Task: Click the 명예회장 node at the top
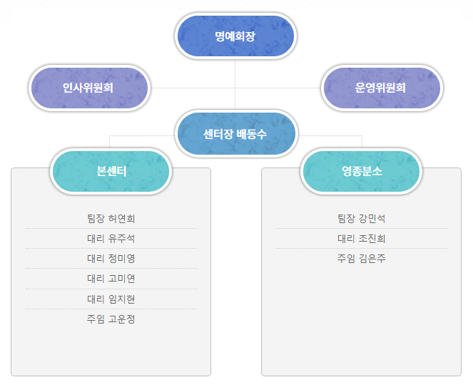click(235, 36)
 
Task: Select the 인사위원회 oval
click(90, 88)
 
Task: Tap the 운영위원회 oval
click(382, 88)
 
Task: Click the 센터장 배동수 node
click(236, 134)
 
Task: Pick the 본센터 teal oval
click(111, 172)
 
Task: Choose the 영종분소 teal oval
click(362, 172)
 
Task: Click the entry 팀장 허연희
click(111, 218)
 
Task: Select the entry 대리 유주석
click(111, 239)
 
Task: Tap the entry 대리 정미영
click(111, 259)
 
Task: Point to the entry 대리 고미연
click(111, 279)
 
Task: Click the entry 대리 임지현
click(111, 299)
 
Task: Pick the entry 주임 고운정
click(111, 319)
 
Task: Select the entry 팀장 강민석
click(362, 218)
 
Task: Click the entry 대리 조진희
click(362, 239)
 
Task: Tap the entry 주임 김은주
click(362, 259)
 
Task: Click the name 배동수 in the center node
click(252, 134)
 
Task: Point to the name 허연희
click(121, 218)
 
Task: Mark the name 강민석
click(372, 218)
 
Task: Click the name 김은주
click(372, 259)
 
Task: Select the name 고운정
click(121, 319)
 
